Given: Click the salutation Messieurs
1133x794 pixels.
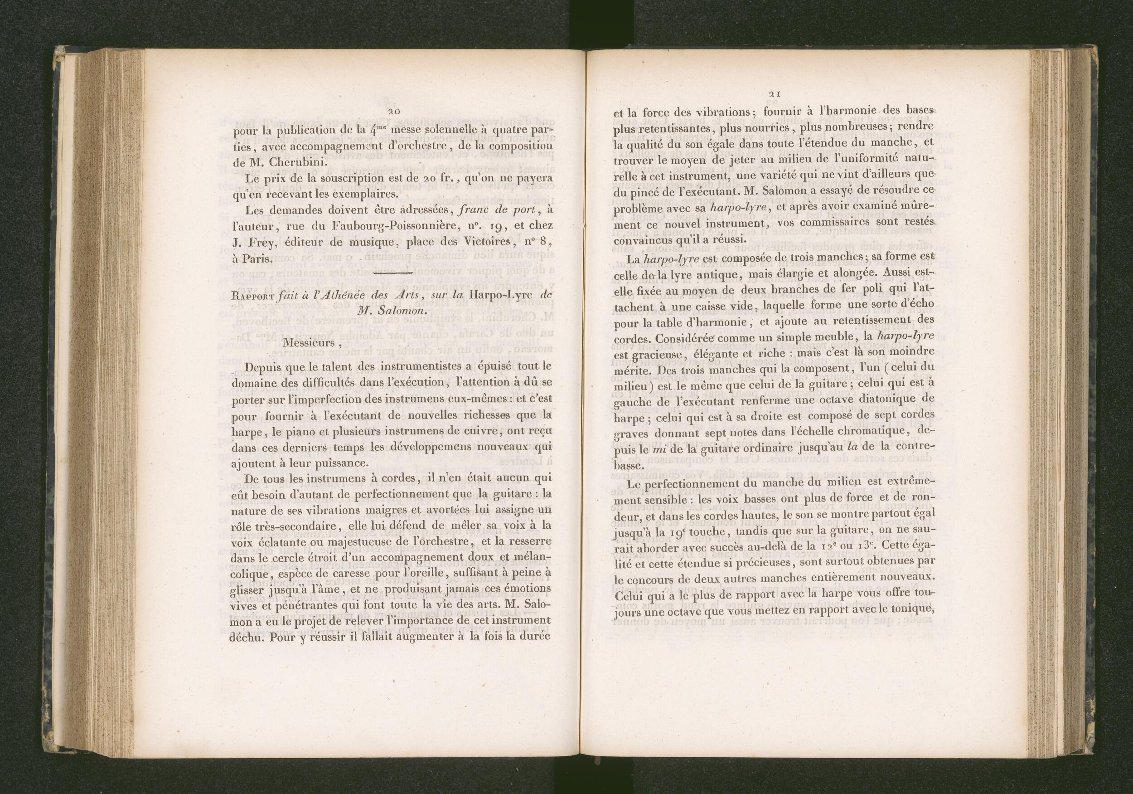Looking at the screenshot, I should click(307, 343).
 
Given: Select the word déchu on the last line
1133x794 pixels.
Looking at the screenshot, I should click(250, 637).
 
